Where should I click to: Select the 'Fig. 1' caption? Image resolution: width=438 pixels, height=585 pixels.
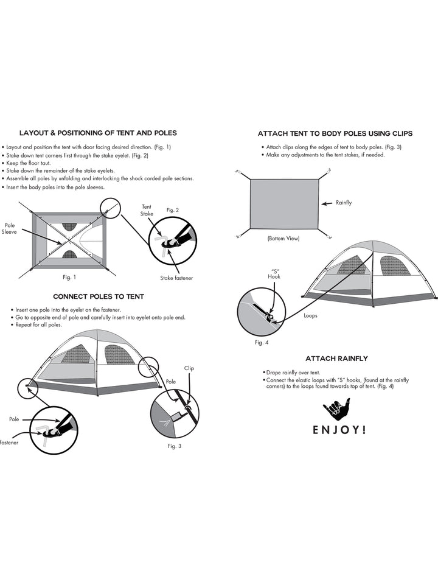[x=69, y=277]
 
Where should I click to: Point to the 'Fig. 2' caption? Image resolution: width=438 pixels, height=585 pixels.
[x=172, y=210]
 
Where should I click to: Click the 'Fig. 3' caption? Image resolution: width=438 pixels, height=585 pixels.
[x=174, y=446]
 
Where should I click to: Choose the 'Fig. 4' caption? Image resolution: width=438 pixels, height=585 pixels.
[x=261, y=343]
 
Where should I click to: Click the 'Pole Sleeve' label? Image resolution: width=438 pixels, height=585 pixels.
[x=10, y=228]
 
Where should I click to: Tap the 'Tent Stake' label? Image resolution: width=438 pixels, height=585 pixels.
[x=147, y=210]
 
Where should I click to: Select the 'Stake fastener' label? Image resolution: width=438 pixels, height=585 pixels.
[x=177, y=278]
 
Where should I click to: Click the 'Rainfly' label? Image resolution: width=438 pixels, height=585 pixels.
[x=344, y=203]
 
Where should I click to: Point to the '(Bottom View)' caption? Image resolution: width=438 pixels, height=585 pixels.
[x=283, y=238]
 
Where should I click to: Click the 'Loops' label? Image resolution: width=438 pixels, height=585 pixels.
[x=310, y=316]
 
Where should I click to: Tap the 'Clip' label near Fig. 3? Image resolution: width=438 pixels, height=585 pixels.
[x=189, y=368]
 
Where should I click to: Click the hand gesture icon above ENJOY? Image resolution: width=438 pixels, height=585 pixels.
[x=336, y=408]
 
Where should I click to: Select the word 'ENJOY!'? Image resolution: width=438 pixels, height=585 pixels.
[x=339, y=430]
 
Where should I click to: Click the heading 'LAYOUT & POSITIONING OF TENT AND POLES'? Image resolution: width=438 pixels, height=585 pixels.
[x=98, y=133]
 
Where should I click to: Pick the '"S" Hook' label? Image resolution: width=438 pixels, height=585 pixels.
[x=274, y=273]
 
